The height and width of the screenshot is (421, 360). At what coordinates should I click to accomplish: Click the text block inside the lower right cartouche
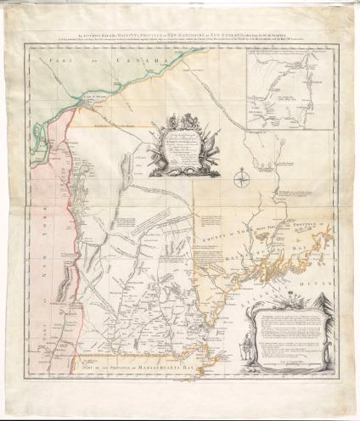[x=293, y=331]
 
